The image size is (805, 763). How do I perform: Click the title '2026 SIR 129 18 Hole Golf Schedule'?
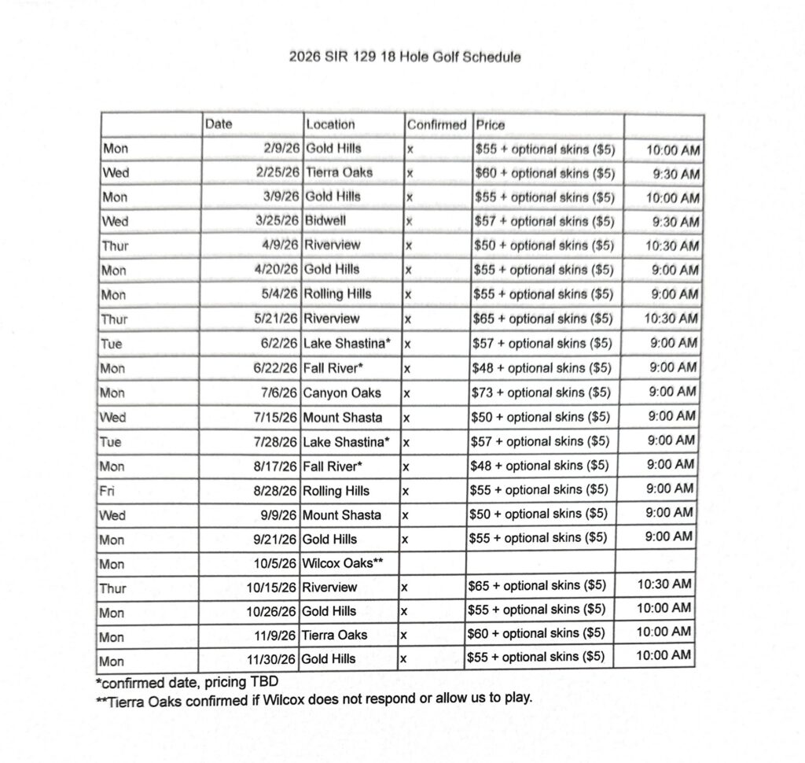click(404, 57)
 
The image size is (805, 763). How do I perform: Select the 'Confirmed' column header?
click(436, 125)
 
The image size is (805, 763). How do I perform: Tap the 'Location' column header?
click(330, 124)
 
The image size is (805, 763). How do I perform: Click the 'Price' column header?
click(491, 125)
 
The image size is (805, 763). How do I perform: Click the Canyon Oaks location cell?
click(341, 393)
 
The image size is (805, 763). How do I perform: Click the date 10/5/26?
click(274, 563)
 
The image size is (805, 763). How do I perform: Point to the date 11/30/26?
click(271, 659)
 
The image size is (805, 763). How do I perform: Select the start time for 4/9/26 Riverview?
click(671, 245)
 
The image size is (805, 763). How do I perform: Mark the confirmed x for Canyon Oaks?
click(406, 393)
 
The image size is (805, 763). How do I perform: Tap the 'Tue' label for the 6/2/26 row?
click(111, 344)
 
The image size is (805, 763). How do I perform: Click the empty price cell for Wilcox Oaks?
click(540, 563)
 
